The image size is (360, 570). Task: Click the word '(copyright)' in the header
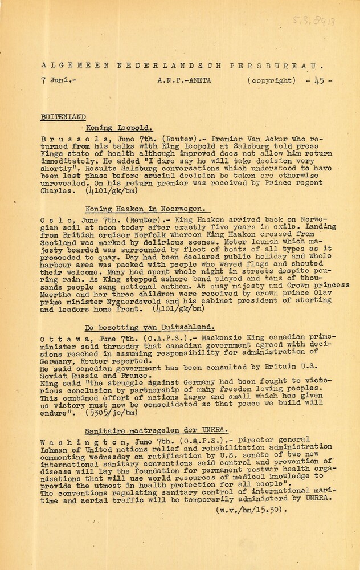coord(272,80)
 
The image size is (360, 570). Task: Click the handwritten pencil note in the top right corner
coord(313,22)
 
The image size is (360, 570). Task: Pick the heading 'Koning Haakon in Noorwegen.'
coord(146,209)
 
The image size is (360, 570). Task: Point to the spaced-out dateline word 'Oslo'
coord(55,218)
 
